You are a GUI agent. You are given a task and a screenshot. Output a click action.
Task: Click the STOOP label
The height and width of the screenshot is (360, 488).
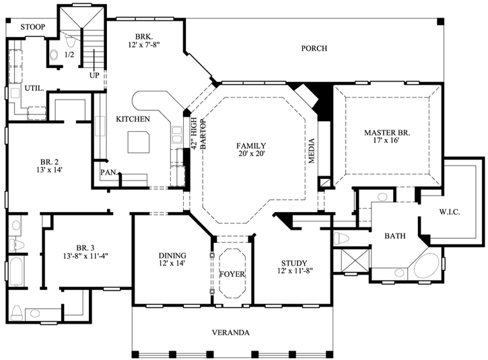coord(32,27)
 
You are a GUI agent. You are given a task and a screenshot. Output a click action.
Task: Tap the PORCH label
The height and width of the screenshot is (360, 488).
coord(314,48)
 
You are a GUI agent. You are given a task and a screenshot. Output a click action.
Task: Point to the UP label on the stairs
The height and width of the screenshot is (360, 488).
coord(94,75)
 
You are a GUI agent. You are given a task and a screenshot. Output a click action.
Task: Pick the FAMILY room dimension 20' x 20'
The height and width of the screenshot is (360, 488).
coord(250,155)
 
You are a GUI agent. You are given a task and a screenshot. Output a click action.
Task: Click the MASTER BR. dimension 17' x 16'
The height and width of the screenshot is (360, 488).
coord(386,143)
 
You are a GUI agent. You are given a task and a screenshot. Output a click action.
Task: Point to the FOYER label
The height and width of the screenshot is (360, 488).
coord(232,275)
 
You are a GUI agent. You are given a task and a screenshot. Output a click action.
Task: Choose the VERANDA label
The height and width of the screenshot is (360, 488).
coord(231,333)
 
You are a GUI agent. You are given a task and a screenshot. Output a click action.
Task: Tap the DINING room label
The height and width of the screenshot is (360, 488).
coord(172,256)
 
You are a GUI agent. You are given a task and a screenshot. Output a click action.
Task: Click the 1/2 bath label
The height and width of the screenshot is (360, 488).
coord(69,54)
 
